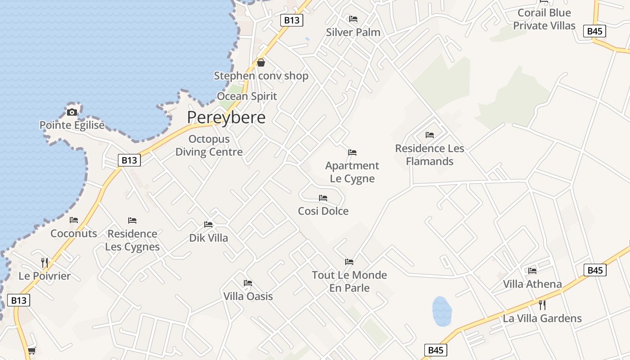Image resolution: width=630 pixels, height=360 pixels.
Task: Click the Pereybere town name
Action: tap(226, 117)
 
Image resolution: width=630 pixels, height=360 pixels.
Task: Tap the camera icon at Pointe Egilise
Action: tap(72, 112)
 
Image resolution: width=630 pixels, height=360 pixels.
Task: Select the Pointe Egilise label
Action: tap(72, 125)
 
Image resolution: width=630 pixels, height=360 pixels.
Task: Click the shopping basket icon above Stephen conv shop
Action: tap(261, 63)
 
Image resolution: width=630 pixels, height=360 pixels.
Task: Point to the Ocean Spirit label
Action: tap(247, 96)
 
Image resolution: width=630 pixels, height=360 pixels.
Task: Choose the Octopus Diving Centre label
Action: tap(209, 145)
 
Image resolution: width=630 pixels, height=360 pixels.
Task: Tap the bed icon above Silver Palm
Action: tap(353, 19)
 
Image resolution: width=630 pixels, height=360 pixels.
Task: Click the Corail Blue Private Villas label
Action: tap(544, 19)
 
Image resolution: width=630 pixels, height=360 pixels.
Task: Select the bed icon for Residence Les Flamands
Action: tap(430, 135)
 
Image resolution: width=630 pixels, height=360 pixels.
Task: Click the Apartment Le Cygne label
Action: tap(352, 172)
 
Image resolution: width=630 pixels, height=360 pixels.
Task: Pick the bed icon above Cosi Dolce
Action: tap(323, 198)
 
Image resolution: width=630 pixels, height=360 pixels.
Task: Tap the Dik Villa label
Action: tap(209, 238)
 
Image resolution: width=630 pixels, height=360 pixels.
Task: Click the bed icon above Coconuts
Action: tap(74, 220)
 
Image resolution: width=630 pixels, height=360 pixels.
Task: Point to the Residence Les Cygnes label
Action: tap(132, 240)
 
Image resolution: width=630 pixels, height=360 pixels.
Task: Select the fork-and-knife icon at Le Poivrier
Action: tap(45, 263)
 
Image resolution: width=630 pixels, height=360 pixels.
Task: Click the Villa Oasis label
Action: tap(248, 297)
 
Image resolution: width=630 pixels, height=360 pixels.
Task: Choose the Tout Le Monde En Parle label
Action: tap(349, 281)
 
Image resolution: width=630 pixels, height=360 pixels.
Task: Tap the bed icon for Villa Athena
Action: tap(532, 270)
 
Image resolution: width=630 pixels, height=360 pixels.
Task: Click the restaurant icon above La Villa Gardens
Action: tap(542, 305)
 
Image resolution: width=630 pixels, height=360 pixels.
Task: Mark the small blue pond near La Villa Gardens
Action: tap(442, 311)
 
